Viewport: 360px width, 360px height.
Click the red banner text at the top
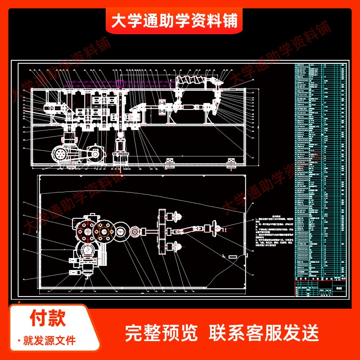coord(174,20)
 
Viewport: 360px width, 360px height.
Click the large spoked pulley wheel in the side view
coord(60,154)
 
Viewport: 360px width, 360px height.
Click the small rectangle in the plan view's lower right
coord(234,256)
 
